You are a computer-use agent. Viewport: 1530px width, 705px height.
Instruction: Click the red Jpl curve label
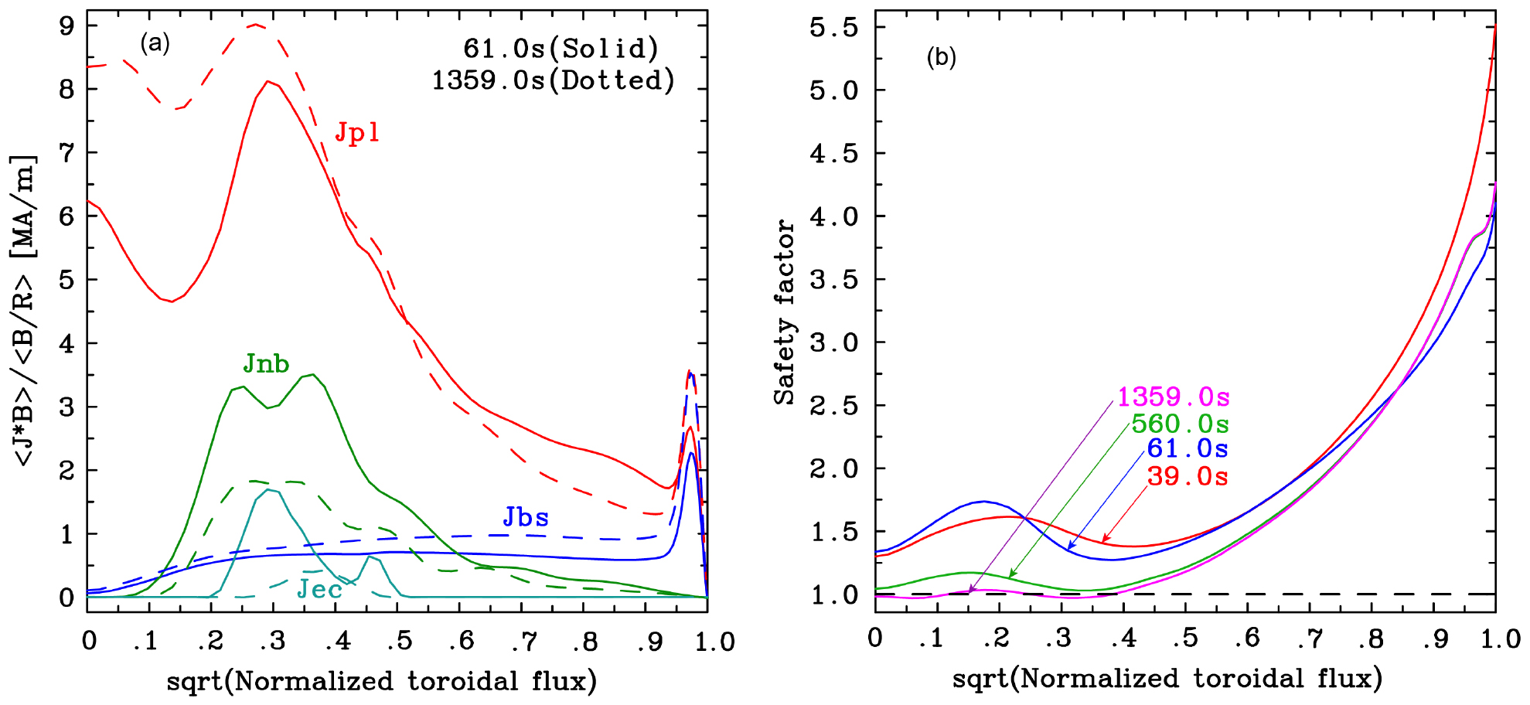coord(356,133)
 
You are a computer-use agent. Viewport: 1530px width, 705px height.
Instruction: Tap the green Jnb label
coord(266,363)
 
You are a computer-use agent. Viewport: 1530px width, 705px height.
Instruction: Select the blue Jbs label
coord(526,517)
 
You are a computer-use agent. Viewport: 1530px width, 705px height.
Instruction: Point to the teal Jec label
coord(319,590)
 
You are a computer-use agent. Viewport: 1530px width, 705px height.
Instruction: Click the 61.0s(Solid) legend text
coord(561,49)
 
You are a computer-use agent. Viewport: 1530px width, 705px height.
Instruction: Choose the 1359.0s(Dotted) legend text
coord(554,80)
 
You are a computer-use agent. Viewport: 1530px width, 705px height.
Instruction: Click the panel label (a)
coord(155,43)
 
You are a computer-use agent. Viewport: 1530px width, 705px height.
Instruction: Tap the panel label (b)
coord(941,57)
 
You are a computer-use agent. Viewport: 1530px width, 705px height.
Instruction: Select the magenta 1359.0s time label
coord(1173,397)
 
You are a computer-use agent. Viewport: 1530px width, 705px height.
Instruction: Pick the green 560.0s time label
coord(1180,424)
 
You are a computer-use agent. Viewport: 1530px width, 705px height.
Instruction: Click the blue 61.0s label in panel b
coord(1188,448)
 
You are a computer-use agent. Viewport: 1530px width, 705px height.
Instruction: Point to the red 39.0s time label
coord(1188,476)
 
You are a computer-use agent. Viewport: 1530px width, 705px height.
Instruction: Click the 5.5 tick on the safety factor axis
coord(833,28)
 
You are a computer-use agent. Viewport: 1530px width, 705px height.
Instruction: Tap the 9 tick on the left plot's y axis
coord(67,26)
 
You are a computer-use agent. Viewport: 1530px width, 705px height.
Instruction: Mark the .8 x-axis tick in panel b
coord(1372,639)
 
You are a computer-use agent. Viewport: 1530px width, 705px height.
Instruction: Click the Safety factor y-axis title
coord(784,312)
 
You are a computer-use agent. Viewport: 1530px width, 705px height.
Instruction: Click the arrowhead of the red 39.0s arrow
coord(1104,540)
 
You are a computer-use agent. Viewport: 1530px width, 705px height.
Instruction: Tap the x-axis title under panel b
coord(1167,679)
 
